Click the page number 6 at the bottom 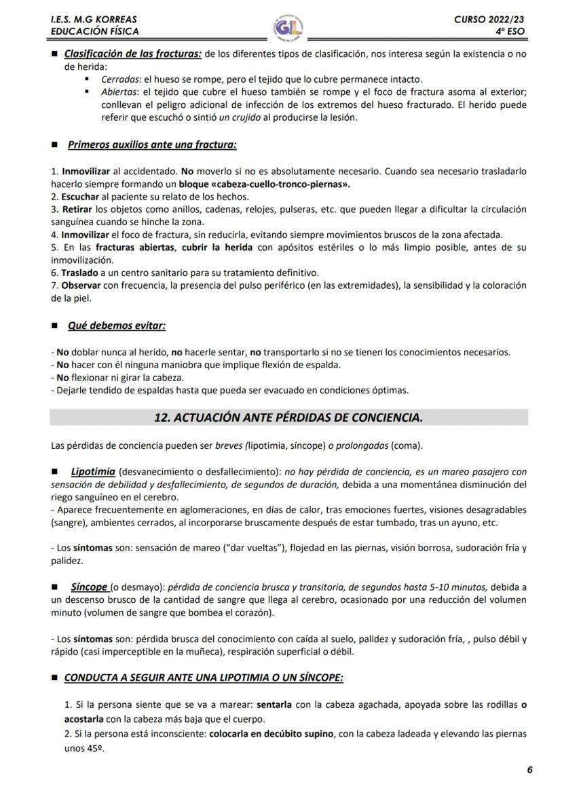click(x=529, y=770)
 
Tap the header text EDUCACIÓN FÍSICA click(x=94, y=31)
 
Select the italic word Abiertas click(x=115, y=92)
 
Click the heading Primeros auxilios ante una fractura click(x=152, y=144)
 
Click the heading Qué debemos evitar click(x=117, y=325)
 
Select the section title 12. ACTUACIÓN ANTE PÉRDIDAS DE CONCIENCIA click(x=288, y=418)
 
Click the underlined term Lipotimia click(x=92, y=471)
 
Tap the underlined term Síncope click(x=89, y=587)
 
